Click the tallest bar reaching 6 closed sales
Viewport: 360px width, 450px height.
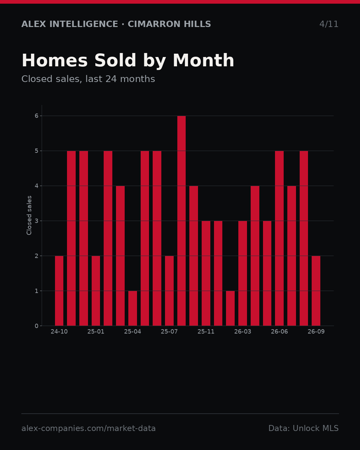(181, 221)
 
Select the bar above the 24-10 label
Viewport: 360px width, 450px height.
(59, 291)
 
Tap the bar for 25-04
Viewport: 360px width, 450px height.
(132, 308)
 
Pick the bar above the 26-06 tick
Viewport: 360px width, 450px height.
(279, 238)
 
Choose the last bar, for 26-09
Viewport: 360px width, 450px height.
(316, 291)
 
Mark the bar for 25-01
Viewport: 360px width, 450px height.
(96, 291)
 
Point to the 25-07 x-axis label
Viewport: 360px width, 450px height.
(169, 332)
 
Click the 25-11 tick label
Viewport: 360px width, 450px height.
(206, 332)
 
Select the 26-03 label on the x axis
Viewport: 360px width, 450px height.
(242, 332)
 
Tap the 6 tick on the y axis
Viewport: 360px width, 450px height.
(37, 116)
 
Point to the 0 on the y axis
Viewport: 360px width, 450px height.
(37, 326)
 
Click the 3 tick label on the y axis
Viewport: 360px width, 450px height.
(37, 221)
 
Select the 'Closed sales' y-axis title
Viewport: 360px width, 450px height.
(29, 215)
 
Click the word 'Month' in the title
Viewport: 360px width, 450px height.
(203, 60)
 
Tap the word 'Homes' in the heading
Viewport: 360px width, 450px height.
(55, 60)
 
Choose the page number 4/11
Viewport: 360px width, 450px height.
(329, 24)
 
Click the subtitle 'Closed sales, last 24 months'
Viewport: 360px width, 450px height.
(88, 79)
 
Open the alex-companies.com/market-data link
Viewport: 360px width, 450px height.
(88, 428)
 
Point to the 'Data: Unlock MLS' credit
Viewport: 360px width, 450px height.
(303, 428)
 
